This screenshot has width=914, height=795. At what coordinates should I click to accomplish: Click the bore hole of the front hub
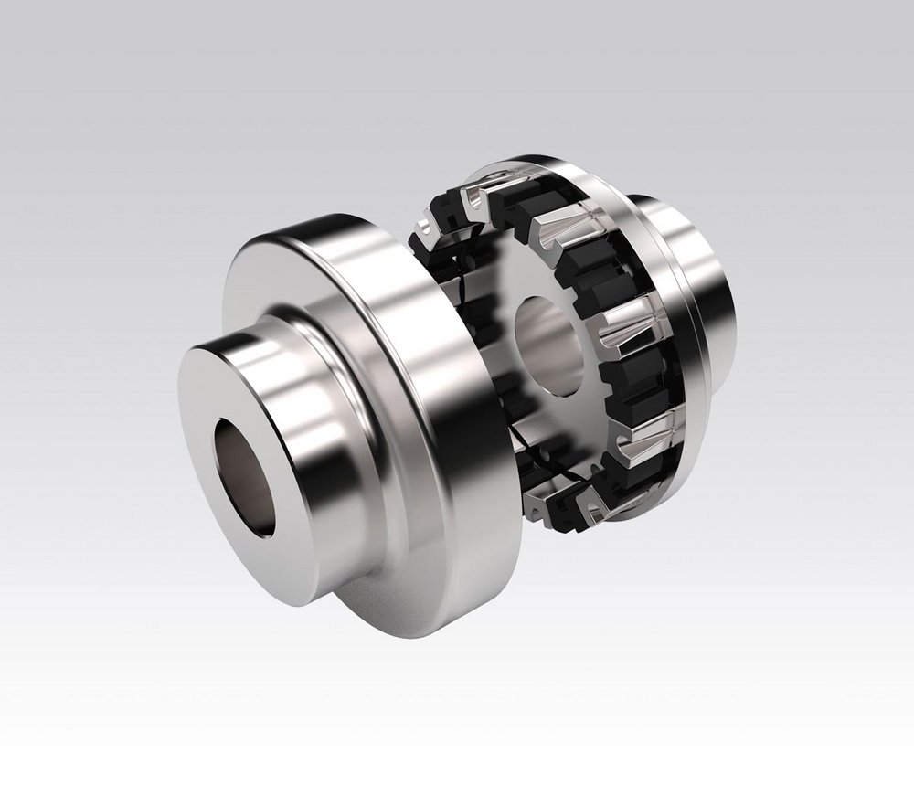pos(245,475)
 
